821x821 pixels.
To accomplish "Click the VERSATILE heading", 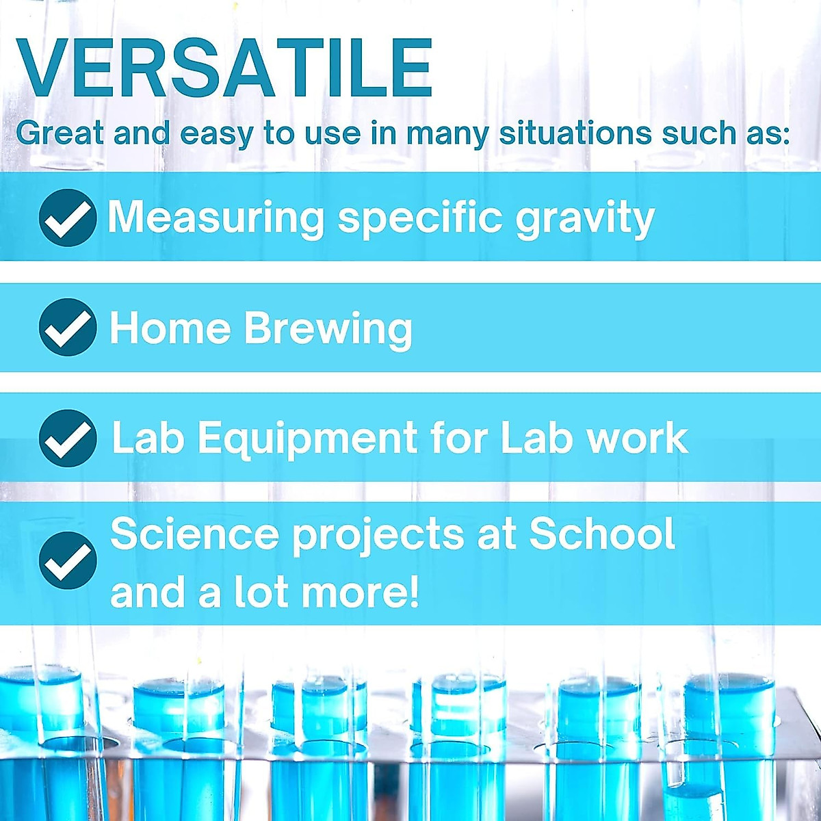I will [x=224, y=68].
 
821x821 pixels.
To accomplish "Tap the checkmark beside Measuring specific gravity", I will [x=67, y=218].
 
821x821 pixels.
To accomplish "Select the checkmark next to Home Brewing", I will [x=67, y=328].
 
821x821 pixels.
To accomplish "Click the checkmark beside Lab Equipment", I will [x=67, y=439].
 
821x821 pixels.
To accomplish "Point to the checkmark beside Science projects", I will [x=67, y=560].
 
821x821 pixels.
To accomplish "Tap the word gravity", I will [x=585, y=219].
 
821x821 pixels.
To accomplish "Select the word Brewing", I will [x=328, y=329].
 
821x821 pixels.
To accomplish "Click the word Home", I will [x=170, y=328].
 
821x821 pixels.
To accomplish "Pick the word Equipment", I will [x=307, y=439].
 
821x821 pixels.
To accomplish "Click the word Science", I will [x=194, y=534].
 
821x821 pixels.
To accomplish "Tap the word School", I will [x=602, y=534].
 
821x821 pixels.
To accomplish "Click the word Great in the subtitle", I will [x=60, y=133].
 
